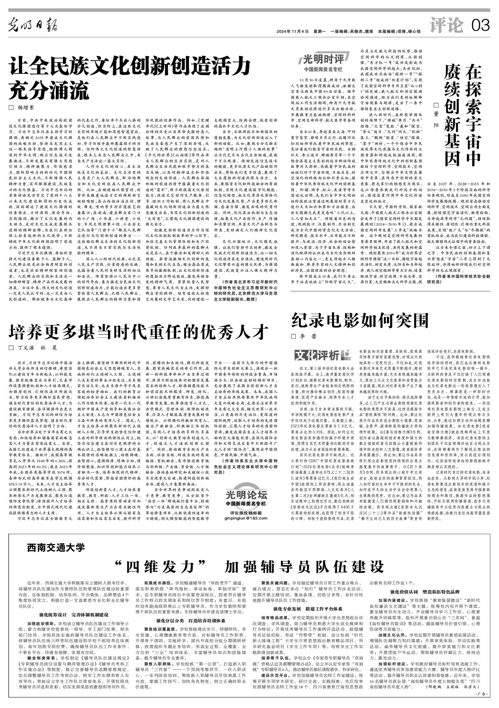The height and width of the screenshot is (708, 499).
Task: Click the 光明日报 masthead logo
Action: pyautogui.click(x=33, y=26)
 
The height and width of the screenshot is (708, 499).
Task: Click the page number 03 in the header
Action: pyautogui.click(x=480, y=26)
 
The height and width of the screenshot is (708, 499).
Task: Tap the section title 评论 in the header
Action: pyautogui.click(x=446, y=26)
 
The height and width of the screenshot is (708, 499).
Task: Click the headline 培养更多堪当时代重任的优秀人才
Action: pyautogui.click(x=139, y=332)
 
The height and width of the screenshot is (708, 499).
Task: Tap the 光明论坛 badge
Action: pyautogui.click(x=246, y=494)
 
